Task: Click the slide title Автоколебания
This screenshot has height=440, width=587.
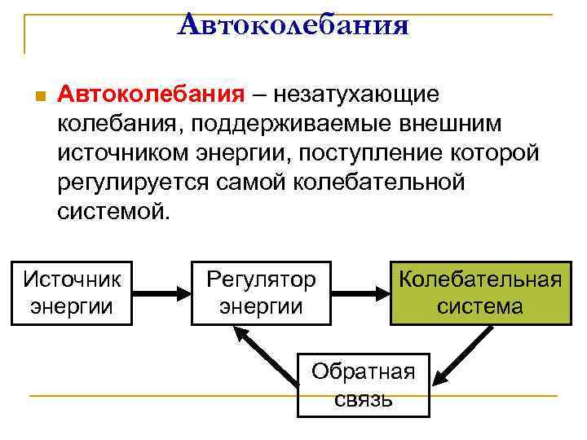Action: click(293, 26)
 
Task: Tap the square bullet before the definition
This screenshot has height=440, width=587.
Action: click(33, 96)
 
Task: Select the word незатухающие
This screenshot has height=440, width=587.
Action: click(356, 95)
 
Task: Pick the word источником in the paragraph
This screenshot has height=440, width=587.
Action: click(121, 153)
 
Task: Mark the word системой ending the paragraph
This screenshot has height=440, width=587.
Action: click(115, 212)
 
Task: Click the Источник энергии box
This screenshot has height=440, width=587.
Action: click(72, 293)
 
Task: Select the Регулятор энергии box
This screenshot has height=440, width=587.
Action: click(261, 293)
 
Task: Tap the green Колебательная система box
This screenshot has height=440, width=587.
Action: click(479, 293)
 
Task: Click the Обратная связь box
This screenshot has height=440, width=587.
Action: click(364, 385)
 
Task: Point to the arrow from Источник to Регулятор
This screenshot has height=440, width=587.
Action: click(161, 293)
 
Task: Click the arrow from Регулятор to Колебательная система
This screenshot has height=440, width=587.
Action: click(360, 293)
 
